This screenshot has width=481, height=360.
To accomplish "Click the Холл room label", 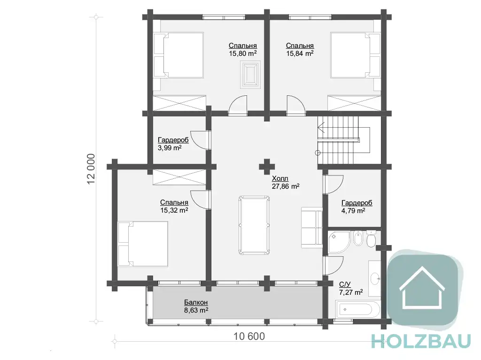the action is pyautogui.click(x=280, y=178).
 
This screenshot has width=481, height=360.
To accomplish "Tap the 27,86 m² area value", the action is pyautogui.click(x=286, y=186).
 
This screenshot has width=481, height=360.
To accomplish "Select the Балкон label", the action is pyautogui.click(x=196, y=302).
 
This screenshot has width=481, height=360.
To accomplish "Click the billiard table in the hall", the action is pyautogui.click(x=254, y=225).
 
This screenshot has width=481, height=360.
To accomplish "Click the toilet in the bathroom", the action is pyautogui.click(x=371, y=238).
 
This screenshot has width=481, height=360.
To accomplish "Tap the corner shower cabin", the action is pyautogui.click(x=339, y=242).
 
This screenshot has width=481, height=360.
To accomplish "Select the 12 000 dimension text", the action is pyautogui.click(x=91, y=169).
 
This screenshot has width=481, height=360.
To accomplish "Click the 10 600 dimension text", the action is pyautogui.click(x=249, y=337).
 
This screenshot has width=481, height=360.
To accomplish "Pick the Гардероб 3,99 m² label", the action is pyautogui.click(x=173, y=144).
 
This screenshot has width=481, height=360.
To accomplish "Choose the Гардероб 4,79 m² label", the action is pyautogui.click(x=357, y=207).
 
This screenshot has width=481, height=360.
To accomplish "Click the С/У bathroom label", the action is pyautogui.click(x=345, y=284).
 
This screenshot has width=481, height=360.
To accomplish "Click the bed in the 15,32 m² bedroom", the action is pyautogui.click(x=143, y=244).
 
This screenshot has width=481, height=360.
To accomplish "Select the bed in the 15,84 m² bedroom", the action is pyautogui.click(x=355, y=55).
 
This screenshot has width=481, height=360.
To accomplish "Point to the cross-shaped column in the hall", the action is pyautogui.click(x=267, y=167).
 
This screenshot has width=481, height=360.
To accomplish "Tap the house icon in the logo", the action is pyautogui.click(x=422, y=287).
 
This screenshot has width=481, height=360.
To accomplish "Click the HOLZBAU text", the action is pyautogui.click(x=421, y=341).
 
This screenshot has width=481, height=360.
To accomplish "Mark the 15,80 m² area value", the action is pyautogui.click(x=243, y=54).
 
